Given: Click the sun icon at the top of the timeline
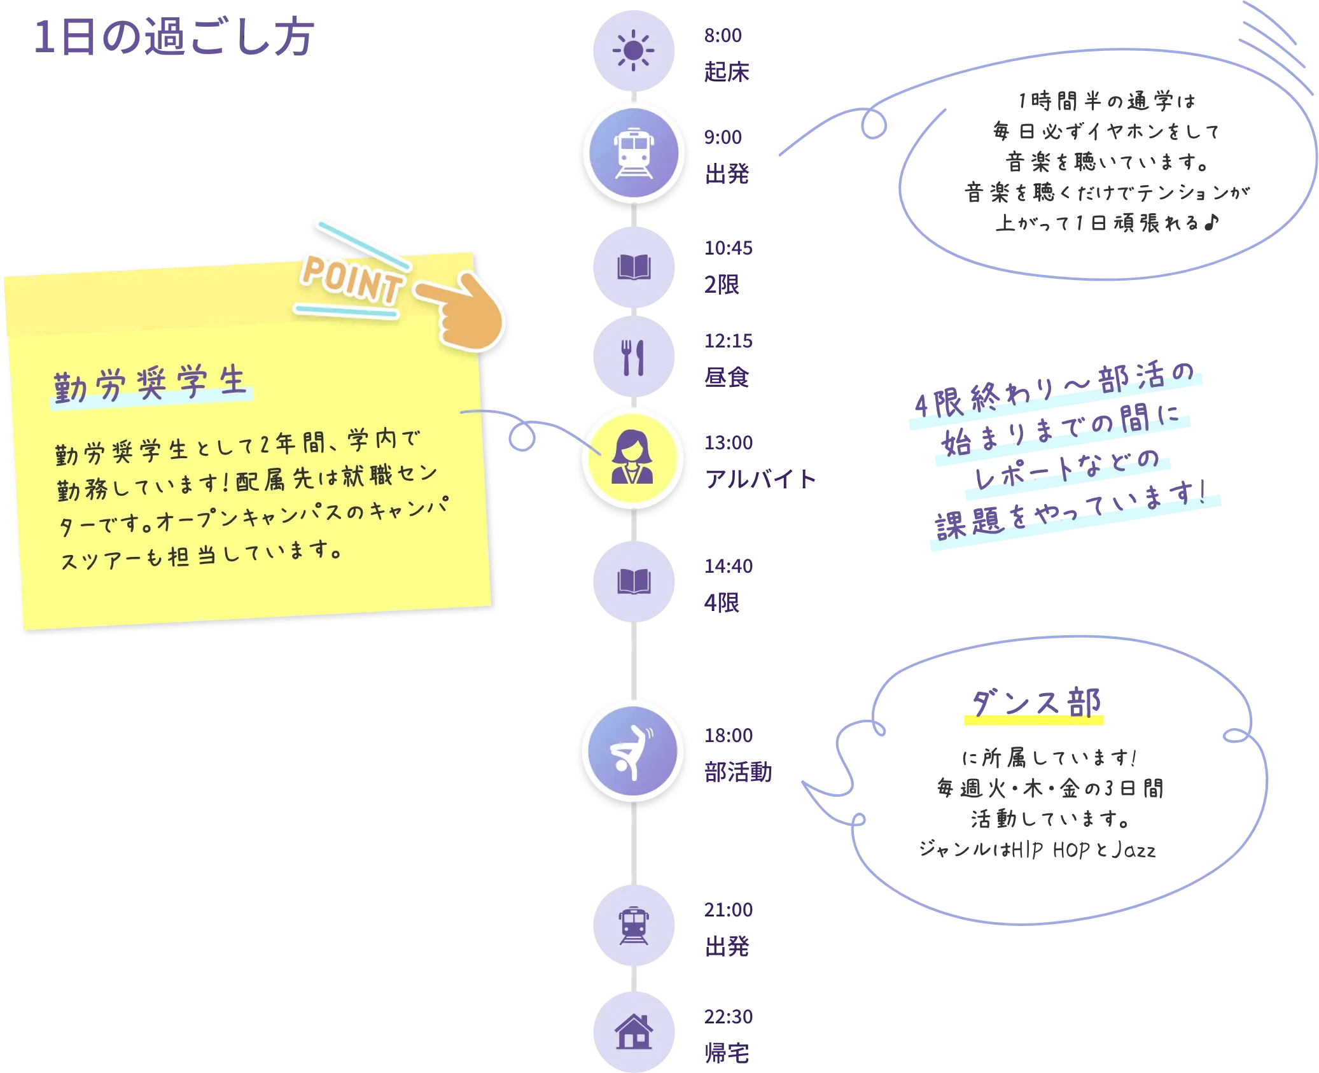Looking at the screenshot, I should click(x=633, y=50).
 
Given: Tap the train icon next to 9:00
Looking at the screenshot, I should click(x=633, y=153).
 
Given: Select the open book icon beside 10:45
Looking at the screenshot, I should click(x=633, y=267).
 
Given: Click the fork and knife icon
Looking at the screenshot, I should click(x=633, y=357).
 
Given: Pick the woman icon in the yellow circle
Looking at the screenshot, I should click(x=632, y=458).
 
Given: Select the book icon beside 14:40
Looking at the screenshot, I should click(x=633, y=581).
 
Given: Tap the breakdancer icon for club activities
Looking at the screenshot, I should click(x=632, y=751).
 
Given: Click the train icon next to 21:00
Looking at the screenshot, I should click(x=633, y=925).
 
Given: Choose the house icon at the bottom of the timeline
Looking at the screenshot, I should click(x=633, y=1031).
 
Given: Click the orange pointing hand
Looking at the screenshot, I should click(x=464, y=310).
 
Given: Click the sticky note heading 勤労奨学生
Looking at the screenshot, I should click(x=150, y=384).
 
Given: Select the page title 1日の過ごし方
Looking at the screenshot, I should click(x=174, y=37).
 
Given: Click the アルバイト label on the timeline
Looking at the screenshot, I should click(x=760, y=478).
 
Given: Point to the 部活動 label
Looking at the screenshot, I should click(x=737, y=772).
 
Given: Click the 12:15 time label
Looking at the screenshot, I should click(x=727, y=341).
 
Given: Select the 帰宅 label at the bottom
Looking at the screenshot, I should click(x=727, y=1053).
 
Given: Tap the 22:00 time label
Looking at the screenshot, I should click(x=727, y=1016).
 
